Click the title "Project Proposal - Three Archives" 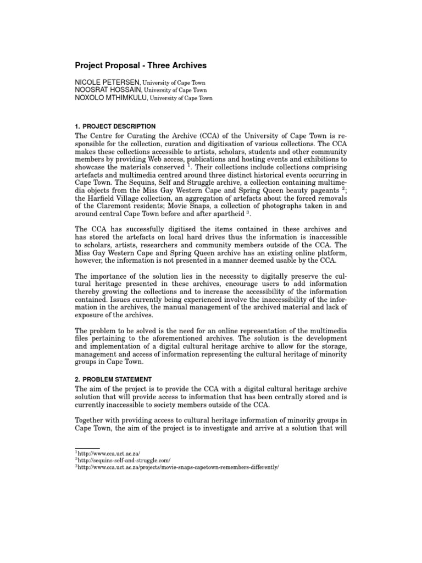[140, 65]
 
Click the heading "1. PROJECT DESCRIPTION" [115, 126]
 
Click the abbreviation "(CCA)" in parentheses [206, 136]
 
